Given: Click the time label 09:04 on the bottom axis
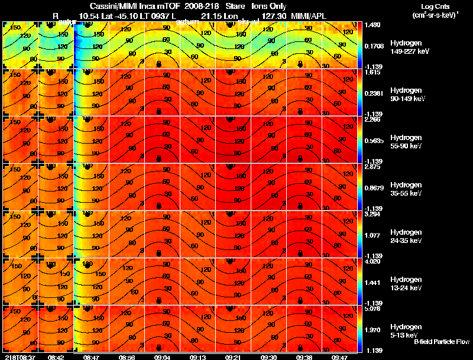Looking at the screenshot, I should (x=162, y=356).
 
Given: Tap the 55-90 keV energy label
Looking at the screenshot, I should (x=406, y=146).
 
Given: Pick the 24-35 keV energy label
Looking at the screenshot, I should (x=406, y=241).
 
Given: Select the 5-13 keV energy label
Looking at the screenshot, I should (x=405, y=335).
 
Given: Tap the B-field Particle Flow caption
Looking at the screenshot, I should (x=441, y=342).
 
